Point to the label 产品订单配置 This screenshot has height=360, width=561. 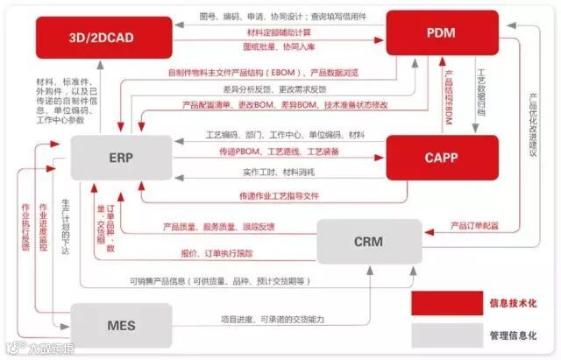tap(474, 226)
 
